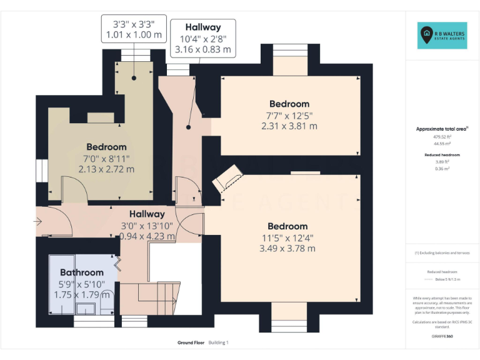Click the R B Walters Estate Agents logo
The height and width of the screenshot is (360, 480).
click(442, 36)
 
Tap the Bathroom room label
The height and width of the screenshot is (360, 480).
click(82, 272)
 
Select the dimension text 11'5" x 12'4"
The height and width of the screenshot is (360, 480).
click(287, 237)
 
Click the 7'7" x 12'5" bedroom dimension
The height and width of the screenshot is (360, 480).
click(289, 115)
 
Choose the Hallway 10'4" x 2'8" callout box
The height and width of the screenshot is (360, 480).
click(203, 37)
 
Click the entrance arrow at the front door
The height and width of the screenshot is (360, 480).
click(39, 221)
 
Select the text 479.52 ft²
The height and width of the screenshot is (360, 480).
click(442, 136)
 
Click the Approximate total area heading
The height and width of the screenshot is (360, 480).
click(442, 129)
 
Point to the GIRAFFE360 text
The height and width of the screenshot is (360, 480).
click(442, 336)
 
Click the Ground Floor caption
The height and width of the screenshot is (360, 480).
click(191, 343)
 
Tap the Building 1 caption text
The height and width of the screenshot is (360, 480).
click(219, 343)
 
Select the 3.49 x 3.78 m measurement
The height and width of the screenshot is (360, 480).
click(287, 248)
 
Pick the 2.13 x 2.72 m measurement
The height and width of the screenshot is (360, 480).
click(106, 169)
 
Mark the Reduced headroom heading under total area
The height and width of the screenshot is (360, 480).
click(442, 154)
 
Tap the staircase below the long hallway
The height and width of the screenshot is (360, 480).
click(147, 297)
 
